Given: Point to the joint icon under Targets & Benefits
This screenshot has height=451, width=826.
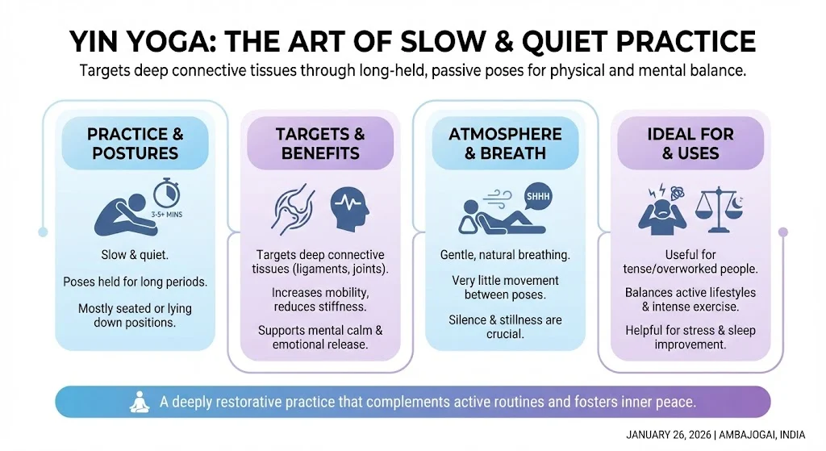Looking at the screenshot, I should [x=294, y=211].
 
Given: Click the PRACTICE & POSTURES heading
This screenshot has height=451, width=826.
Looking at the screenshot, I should [x=136, y=143].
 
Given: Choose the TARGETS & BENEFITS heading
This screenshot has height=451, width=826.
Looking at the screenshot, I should [x=320, y=143].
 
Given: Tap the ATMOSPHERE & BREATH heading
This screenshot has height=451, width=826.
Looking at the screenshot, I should [x=505, y=143].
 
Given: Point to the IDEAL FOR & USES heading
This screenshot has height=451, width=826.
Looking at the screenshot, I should [x=690, y=143].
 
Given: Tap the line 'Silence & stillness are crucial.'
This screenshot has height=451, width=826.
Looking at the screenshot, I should [x=505, y=327].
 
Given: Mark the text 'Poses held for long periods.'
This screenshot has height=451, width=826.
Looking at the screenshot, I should [x=136, y=282].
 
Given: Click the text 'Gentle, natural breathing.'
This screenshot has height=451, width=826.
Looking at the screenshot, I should [x=505, y=255].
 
